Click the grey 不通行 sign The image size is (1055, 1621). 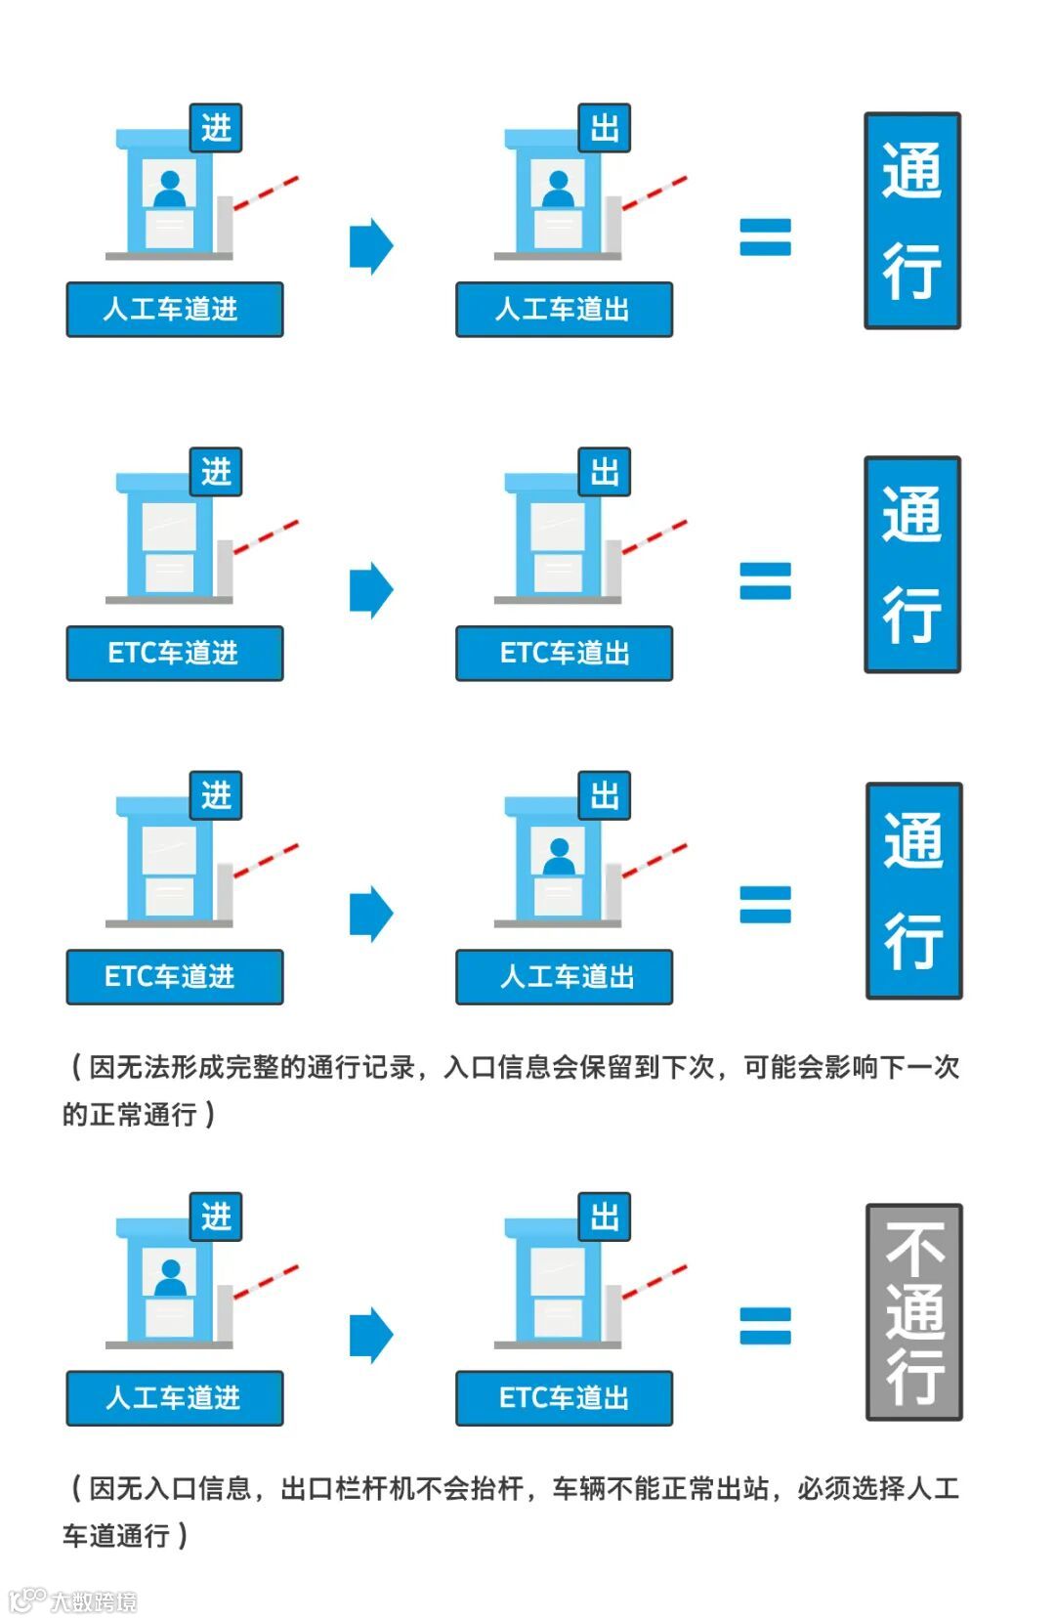(x=914, y=1312)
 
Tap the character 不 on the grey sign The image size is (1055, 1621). (x=914, y=1249)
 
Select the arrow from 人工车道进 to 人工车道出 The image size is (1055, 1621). (x=371, y=246)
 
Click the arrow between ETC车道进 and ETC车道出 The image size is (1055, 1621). (x=371, y=590)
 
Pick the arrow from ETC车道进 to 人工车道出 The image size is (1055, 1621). (x=371, y=914)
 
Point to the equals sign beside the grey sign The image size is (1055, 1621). (x=765, y=1325)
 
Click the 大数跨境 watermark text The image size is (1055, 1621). (x=94, y=1601)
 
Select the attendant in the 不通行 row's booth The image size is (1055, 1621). (x=171, y=1276)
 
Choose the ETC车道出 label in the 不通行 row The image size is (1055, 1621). (x=564, y=1398)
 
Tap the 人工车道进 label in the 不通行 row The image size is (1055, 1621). (x=175, y=1398)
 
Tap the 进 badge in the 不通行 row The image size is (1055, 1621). (x=216, y=1216)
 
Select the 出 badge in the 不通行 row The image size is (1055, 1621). (x=605, y=1216)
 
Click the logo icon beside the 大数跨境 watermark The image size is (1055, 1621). (x=26, y=1600)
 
